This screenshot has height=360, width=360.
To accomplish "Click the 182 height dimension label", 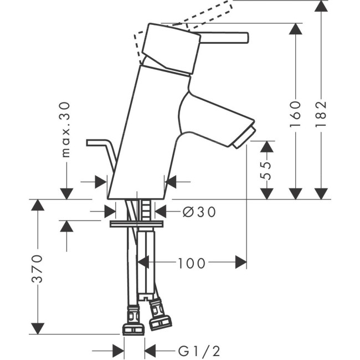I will (x=322, y=114).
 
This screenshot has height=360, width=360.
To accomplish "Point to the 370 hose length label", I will (x=37, y=269).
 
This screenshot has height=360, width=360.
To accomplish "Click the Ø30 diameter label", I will (x=198, y=211).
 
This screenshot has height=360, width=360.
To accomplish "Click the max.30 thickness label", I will (x=66, y=129).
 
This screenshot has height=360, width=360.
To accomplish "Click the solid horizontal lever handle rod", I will (x=224, y=37).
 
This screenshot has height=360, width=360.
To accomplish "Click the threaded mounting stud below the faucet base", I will (x=146, y=209).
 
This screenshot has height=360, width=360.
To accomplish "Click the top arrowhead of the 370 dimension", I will (x=37, y=205).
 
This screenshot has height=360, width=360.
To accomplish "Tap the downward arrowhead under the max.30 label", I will (x=66, y=193).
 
